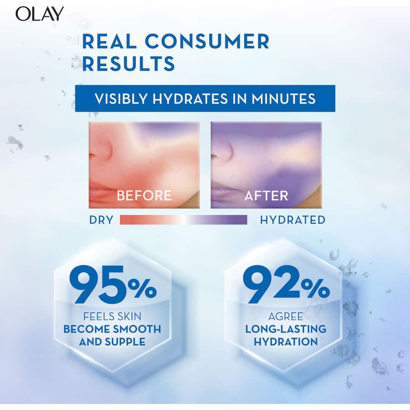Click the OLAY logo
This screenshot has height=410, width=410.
[40, 14]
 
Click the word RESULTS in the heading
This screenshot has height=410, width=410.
[128, 63]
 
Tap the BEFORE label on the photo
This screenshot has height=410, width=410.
[144, 195]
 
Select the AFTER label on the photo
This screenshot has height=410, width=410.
[266, 195]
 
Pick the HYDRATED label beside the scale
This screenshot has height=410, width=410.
[292, 220]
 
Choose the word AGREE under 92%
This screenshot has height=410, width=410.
[286, 316]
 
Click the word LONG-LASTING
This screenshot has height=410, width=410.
[286, 329]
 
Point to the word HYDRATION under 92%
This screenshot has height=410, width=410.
[286, 341]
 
